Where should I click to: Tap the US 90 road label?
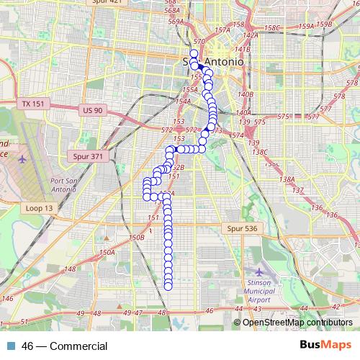click(94, 109)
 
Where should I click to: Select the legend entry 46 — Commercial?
click(64, 346)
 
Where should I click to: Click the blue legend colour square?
click(11, 346)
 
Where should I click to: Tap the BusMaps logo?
click(325, 346)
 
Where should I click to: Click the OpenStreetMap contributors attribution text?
click(297, 322)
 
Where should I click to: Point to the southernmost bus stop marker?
click(168, 286)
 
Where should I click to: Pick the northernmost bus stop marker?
click(194, 53)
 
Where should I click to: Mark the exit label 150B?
click(137, 237)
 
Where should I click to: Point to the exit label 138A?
click(287, 179)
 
